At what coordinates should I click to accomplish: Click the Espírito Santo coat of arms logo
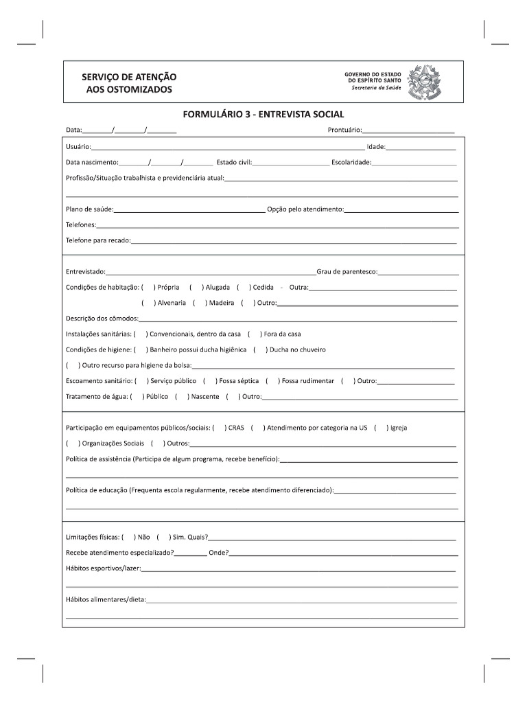tap(424, 83)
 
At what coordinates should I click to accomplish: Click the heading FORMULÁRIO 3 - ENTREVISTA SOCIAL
tap(263, 114)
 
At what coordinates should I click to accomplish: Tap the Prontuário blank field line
tap(408, 130)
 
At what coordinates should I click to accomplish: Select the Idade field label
tap(375, 147)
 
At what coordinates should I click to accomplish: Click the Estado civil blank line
tap(291, 163)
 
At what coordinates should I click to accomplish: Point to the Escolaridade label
tap(351, 163)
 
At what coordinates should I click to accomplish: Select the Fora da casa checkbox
tap(254, 334)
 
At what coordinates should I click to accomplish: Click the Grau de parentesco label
tap(347, 272)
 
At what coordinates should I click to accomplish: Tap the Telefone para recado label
tap(97, 240)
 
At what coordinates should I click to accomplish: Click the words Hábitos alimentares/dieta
tap(105, 599)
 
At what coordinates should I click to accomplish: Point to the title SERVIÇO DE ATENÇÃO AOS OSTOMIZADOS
tap(129, 84)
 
